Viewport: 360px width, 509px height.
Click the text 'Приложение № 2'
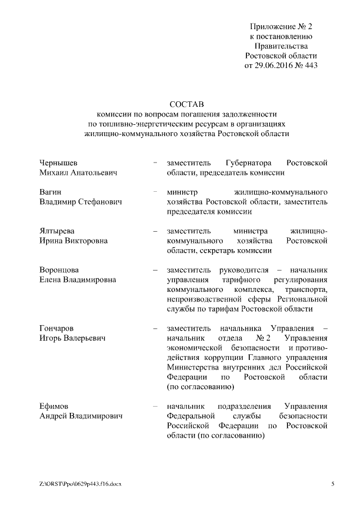click(281, 26)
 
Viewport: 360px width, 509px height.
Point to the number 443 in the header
click(310, 66)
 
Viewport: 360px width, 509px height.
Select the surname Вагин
click(51, 192)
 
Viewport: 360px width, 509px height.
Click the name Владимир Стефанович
click(80, 202)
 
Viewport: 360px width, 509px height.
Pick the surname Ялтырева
click(57, 231)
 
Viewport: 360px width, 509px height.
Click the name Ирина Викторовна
click(74, 241)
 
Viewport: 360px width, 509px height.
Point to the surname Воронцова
click(59, 270)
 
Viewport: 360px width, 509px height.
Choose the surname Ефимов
click(53, 406)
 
